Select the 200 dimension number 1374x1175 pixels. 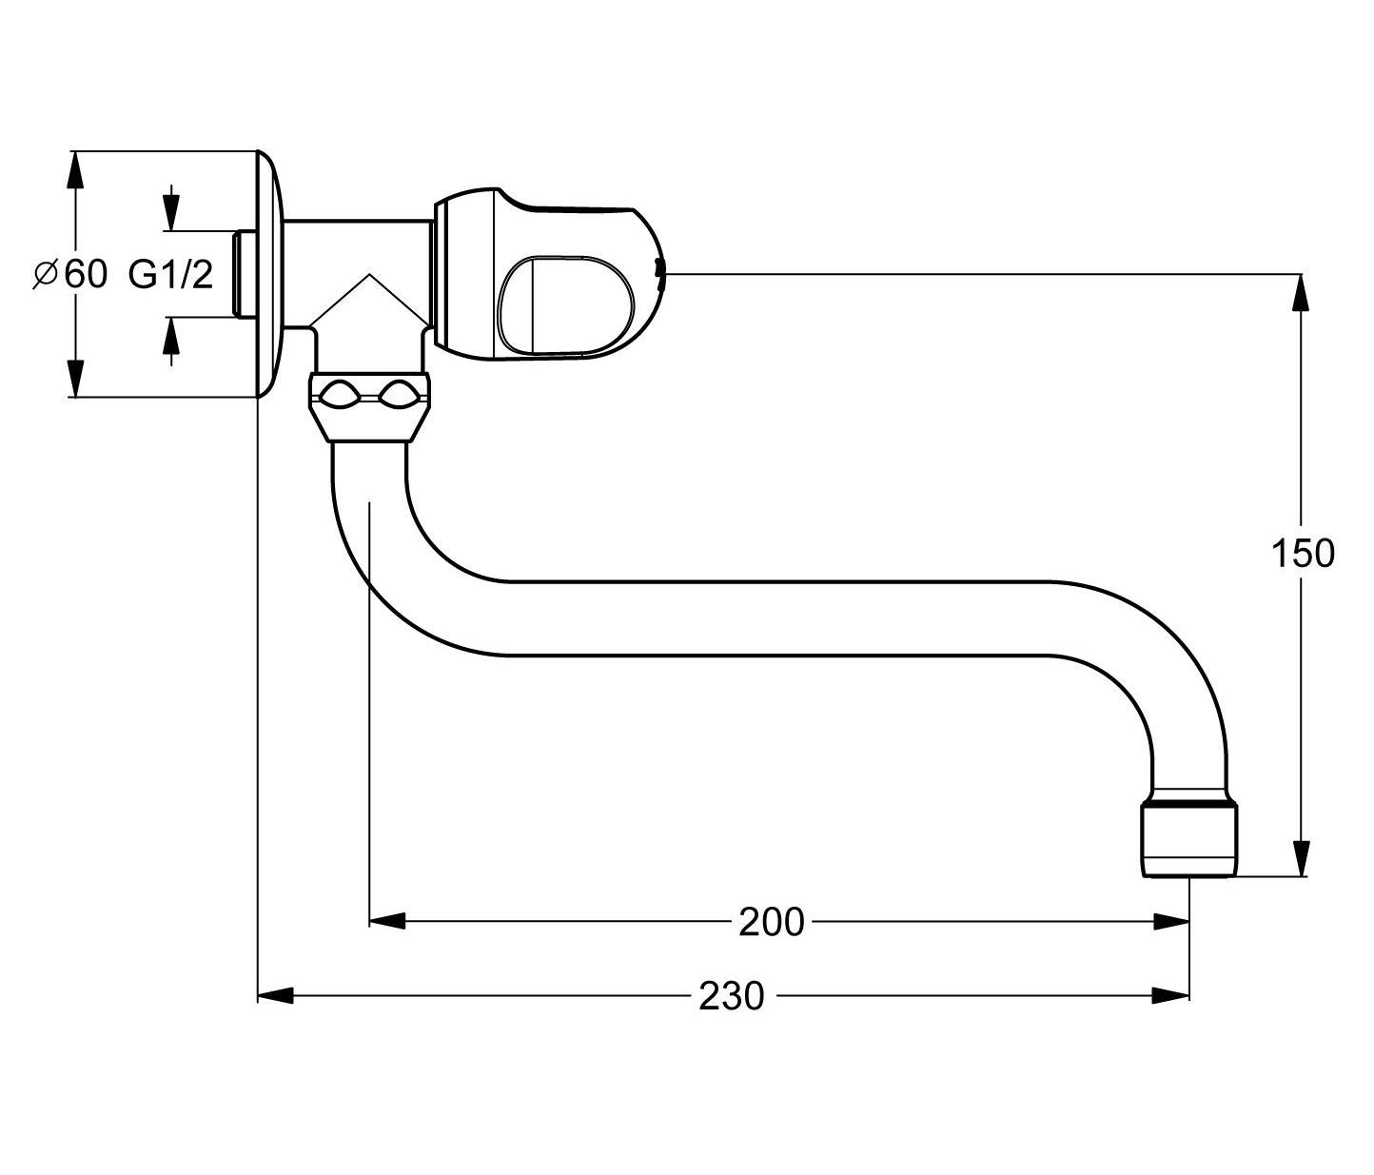pos(772,922)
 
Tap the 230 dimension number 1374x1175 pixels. pos(731,996)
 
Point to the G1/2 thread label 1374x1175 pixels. pos(171,274)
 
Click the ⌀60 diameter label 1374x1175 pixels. pos(69,274)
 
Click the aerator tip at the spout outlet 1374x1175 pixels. pos(1188,840)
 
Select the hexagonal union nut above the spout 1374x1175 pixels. pos(369,407)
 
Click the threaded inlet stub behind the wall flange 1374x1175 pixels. pos(244,274)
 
